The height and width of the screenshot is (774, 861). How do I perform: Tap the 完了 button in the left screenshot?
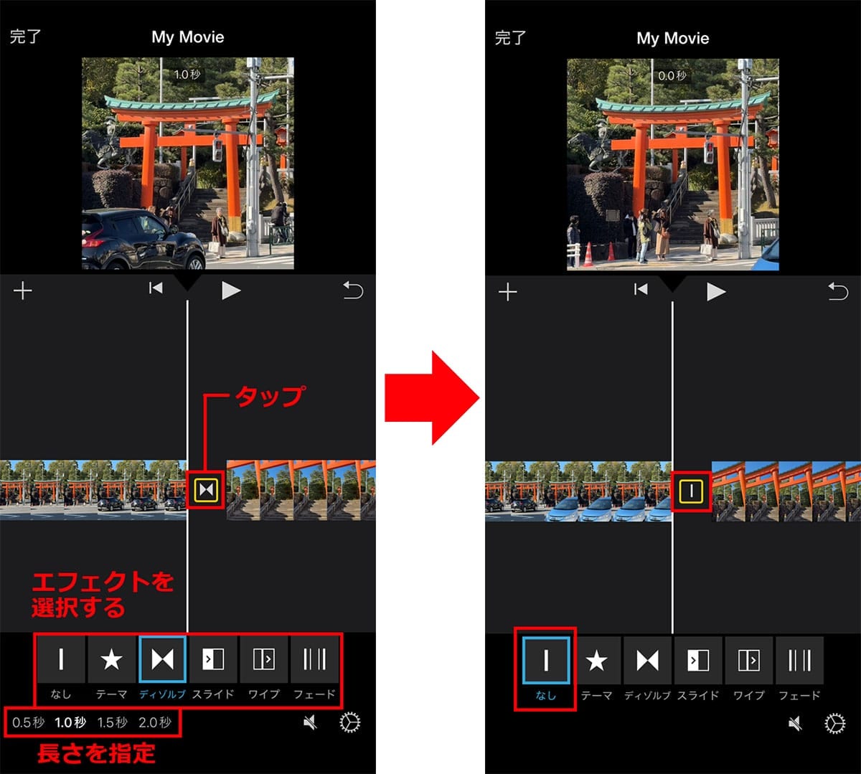click(x=25, y=37)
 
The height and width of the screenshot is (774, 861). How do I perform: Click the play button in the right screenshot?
click(x=715, y=291)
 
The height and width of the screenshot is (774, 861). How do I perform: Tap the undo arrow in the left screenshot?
click(x=353, y=291)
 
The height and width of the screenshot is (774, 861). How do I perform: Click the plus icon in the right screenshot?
click(x=508, y=292)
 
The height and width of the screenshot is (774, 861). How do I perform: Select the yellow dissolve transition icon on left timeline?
click(x=206, y=490)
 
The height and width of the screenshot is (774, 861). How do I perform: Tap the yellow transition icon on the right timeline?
click(x=691, y=491)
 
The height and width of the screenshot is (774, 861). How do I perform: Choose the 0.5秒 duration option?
click(x=29, y=722)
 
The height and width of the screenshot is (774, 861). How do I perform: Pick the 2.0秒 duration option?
click(x=155, y=722)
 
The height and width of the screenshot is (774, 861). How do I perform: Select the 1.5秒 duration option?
click(x=113, y=722)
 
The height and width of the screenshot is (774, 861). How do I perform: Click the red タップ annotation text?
click(x=269, y=396)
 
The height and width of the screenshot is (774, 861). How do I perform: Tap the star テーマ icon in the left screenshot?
click(x=111, y=659)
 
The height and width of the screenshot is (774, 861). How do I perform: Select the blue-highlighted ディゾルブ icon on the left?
click(x=162, y=659)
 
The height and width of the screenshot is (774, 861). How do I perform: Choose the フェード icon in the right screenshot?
click(x=799, y=660)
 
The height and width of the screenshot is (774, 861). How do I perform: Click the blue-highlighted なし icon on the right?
click(x=546, y=660)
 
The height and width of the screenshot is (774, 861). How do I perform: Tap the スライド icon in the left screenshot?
click(x=213, y=659)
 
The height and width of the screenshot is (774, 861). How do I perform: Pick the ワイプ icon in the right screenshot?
click(x=748, y=660)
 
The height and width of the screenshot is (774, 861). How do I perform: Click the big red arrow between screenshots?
click(x=430, y=397)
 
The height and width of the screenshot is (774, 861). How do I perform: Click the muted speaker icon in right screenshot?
click(x=795, y=724)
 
